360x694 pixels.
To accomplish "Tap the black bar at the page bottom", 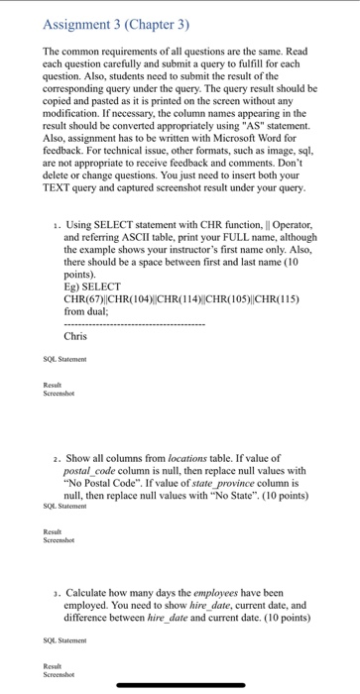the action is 180,685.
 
